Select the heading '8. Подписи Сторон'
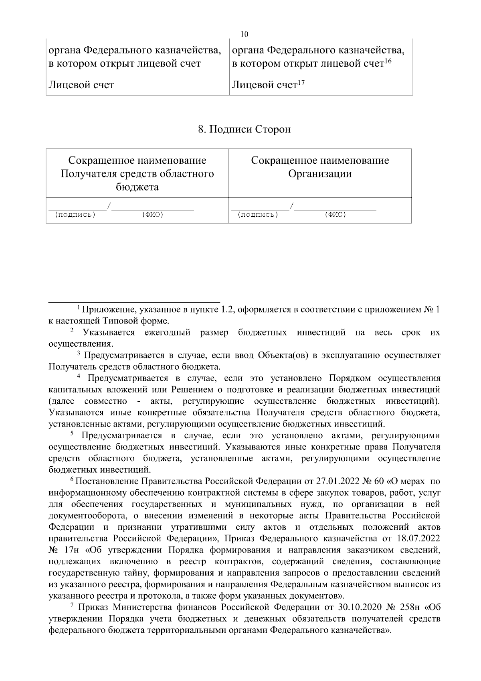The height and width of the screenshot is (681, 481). (x=244, y=130)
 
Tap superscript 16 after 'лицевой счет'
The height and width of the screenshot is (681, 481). (x=387, y=61)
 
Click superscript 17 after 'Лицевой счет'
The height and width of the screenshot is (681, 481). (x=301, y=82)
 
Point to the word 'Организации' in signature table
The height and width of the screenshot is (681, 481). (x=320, y=174)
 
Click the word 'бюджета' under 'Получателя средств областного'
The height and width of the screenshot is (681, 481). (x=137, y=187)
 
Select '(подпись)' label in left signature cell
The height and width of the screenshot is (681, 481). (x=75, y=214)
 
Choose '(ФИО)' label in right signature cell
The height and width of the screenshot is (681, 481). (x=335, y=214)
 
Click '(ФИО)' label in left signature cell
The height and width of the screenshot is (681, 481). (x=152, y=214)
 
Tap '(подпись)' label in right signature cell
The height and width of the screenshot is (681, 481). (x=258, y=214)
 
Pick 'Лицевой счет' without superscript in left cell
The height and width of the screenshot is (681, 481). (x=81, y=85)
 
